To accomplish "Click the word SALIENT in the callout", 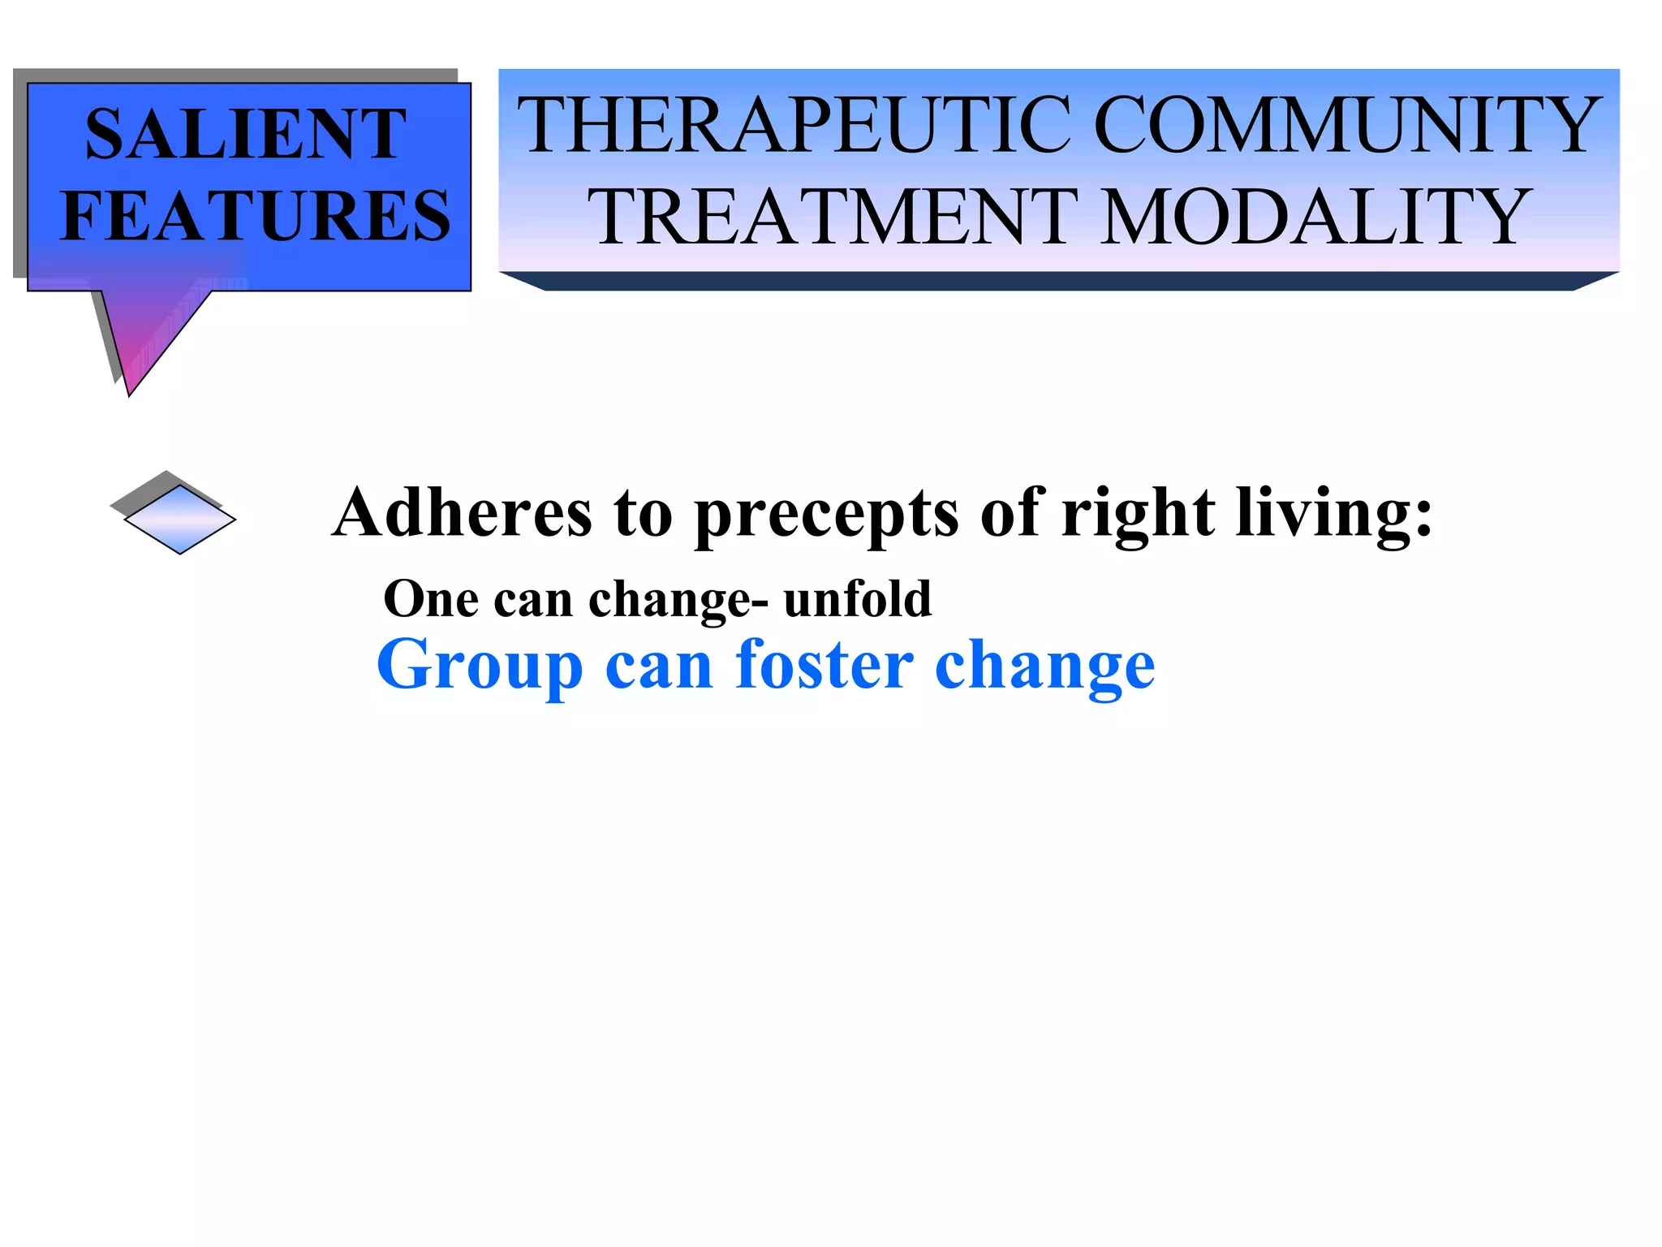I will tap(246, 135).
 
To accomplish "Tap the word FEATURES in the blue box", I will tap(256, 216).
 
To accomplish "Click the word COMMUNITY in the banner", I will tap(1348, 125).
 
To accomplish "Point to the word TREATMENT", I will tap(833, 217).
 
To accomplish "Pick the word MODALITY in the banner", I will tap(1315, 217).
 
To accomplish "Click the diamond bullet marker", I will tap(179, 519).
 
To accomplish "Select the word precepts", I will tap(827, 515).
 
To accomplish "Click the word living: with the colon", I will tap(1335, 515).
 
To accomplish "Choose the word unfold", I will tap(858, 599).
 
